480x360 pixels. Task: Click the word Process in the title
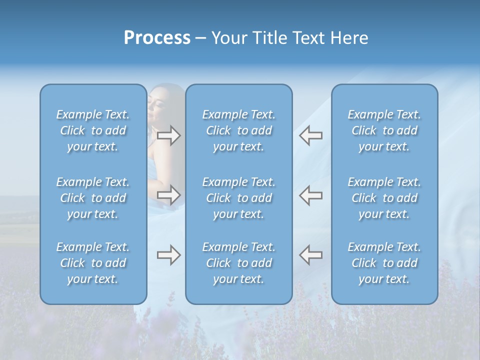coord(157,38)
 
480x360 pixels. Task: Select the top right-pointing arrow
coord(168,135)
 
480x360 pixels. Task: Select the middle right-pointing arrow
coord(168,195)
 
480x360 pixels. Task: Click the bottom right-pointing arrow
coord(168,255)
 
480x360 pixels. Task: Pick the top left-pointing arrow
coord(310,135)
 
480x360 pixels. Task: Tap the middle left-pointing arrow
coord(310,195)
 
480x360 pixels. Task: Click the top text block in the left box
coord(93,130)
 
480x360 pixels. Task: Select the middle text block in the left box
coord(93,198)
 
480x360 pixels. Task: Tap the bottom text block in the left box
coord(93,263)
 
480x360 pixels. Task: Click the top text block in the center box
coord(239,130)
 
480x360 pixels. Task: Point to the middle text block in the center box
coord(239,198)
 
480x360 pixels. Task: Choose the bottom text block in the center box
coord(239,263)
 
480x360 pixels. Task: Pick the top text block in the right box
coord(384,130)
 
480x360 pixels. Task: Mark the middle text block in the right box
coord(384,198)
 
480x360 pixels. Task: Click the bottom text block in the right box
coord(384,263)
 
